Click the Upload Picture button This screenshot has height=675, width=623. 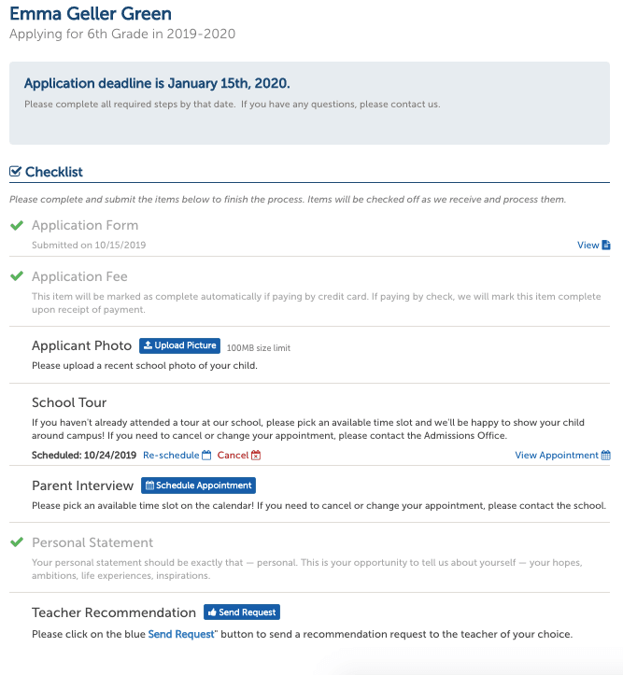point(179,345)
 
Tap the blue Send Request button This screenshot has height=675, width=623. point(242,612)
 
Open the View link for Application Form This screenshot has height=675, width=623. point(593,246)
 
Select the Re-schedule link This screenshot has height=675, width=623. point(177,456)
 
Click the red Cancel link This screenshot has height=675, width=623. point(238,456)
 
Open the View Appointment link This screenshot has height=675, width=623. point(562,456)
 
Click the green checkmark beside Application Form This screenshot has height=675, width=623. point(16,226)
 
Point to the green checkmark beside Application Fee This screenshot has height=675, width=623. point(16,277)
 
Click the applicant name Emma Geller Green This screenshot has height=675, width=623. point(91,14)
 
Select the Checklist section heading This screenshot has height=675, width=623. point(54,172)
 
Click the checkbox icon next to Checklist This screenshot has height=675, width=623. point(15,172)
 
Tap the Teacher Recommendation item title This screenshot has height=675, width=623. point(114,612)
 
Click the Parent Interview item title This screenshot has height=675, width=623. point(83,485)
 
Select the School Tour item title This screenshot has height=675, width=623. point(69,402)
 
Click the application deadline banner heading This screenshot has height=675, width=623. point(157,83)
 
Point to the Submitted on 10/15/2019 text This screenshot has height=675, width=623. point(89,246)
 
